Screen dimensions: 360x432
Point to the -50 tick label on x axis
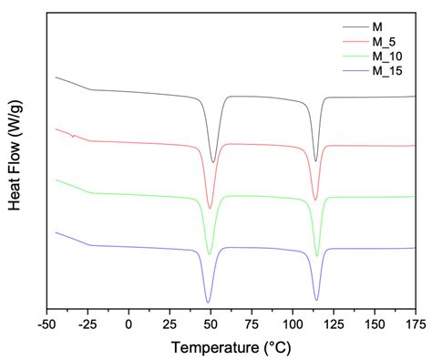click(47, 323)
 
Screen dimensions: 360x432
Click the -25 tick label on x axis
click(88, 323)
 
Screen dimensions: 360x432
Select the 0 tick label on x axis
click(129, 323)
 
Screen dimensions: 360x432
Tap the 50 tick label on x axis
click(211, 323)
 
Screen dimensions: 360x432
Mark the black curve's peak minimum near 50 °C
click(213, 162)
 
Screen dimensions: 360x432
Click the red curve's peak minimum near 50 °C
click(210, 209)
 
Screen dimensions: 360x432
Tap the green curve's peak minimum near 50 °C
click(210, 253)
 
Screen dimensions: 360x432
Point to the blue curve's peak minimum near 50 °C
click(209, 302)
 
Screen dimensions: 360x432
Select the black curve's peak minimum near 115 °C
click(316, 161)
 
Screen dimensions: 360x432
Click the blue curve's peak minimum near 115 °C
click(316, 300)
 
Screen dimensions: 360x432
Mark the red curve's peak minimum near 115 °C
click(316, 201)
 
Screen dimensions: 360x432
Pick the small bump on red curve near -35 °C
click(73, 136)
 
